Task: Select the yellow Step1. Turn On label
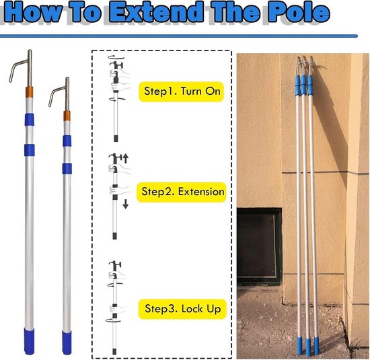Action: click(x=181, y=92)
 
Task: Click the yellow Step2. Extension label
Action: click(x=182, y=192)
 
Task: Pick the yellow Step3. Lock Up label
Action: click(x=182, y=309)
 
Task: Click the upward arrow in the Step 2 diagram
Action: click(x=126, y=158)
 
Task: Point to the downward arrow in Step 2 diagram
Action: click(x=126, y=204)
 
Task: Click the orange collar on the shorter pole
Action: click(x=67, y=116)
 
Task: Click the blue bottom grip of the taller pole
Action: click(x=29, y=341)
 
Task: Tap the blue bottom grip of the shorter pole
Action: click(x=67, y=343)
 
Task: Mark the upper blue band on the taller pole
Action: click(x=30, y=120)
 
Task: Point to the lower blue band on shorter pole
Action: click(x=67, y=168)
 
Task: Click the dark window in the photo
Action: click(x=259, y=246)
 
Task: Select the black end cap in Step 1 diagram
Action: click(x=116, y=139)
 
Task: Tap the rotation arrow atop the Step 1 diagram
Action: click(x=116, y=57)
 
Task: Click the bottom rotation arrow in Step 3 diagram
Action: click(x=113, y=320)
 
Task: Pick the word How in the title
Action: click(x=32, y=12)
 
